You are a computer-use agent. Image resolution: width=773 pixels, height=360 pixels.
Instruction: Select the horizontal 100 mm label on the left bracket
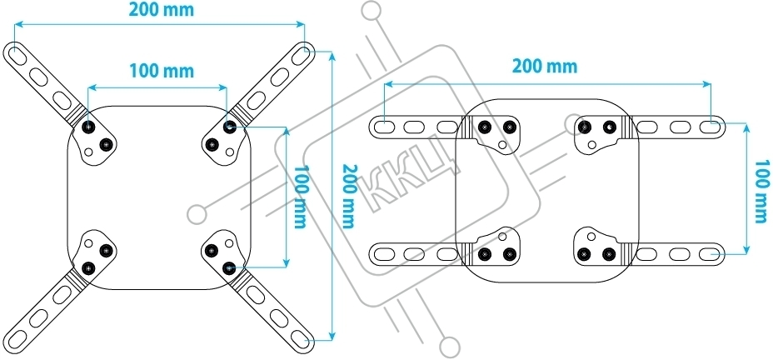(161, 71)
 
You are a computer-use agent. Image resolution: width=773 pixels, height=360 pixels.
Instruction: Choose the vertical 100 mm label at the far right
(760, 191)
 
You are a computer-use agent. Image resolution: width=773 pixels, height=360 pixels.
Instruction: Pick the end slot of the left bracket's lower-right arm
(301, 338)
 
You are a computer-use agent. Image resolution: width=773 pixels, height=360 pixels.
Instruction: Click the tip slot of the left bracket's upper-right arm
(299, 53)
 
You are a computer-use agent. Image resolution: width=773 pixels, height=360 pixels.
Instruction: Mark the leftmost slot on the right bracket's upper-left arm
(384, 127)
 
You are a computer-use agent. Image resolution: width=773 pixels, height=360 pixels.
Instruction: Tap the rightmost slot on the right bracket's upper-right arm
(709, 127)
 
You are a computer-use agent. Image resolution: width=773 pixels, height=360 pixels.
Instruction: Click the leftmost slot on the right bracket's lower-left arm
(384, 252)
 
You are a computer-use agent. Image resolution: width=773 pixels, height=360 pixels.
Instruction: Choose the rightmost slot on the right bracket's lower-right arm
(709, 252)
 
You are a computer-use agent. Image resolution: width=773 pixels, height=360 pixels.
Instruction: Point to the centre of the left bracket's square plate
(158, 197)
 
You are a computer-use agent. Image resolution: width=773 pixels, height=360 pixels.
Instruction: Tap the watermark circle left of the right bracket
(197, 214)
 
